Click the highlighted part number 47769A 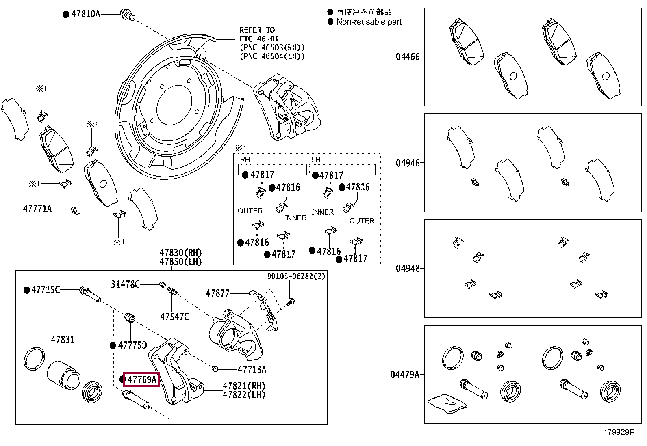point(142,379)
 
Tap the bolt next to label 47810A point(128,15)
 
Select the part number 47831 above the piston point(63,340)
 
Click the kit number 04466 point(408,57)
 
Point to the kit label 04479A point(405,375)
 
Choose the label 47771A point(37,209)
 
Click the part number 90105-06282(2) point(296,276)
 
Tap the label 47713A point(252,369)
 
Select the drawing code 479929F point(619,432)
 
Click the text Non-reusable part point(369,22)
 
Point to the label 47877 point(217,293)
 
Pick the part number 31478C point(125,284)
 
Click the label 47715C point(46,290)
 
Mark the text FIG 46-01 point(259,39)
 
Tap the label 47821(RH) point(244,386)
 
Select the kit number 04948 point(408,269)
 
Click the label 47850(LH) point(180,262)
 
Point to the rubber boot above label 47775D point(130,318)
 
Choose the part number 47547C point(174,317)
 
